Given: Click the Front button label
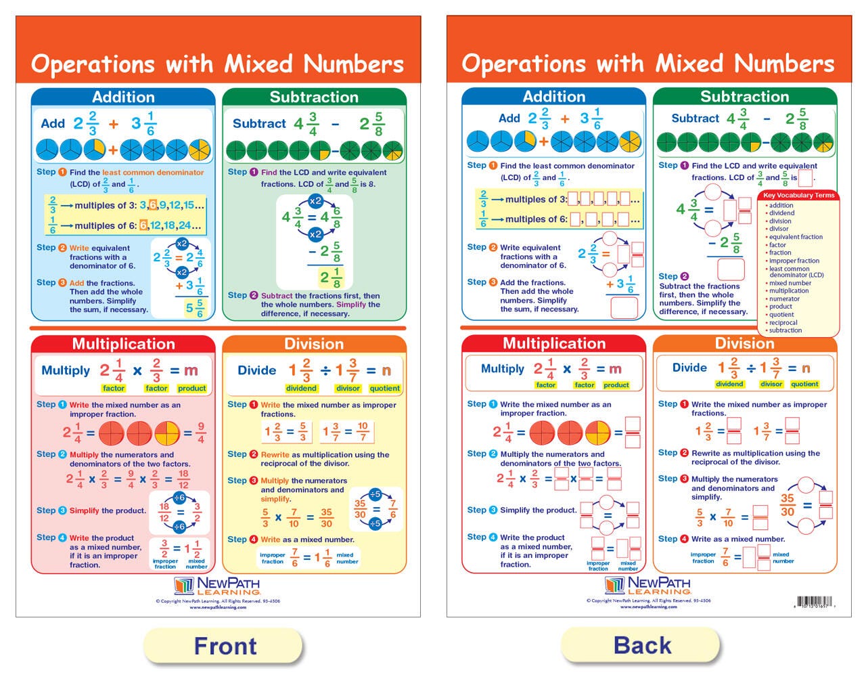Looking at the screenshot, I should (225, 646).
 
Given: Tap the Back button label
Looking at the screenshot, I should (642, 645).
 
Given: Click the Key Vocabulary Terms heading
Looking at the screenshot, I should (798, 196).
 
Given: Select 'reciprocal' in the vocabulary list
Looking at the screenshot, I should (783, 323).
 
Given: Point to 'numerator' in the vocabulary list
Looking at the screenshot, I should (784, 299).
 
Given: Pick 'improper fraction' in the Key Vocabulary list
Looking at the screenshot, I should (794, 261).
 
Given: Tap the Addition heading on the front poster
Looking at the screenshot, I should (123, 97).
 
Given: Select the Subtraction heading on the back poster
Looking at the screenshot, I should (744, 97).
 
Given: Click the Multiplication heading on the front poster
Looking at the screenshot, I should (123, 344).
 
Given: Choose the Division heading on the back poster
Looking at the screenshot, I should (744, 344).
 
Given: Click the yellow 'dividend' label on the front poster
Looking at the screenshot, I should (301, 389).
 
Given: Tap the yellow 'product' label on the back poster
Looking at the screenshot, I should (616, 385).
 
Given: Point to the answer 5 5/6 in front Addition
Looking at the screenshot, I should (195, 308).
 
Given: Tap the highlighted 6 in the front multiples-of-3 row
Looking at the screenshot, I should (153, 205).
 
